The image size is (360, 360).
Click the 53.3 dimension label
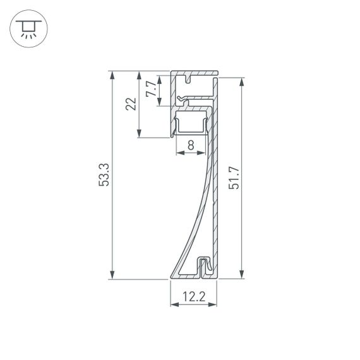[x=104, y=175]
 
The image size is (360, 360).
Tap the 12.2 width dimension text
[x=193, y=295]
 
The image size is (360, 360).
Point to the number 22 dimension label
[x=131, y=104]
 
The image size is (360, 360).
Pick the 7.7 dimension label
[x=150, y=88]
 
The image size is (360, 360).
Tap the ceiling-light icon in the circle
[x=27, y=28]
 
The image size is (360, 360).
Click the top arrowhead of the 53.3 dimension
[x=112, y=75]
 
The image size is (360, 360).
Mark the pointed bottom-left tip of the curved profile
[x=171, y=277]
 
